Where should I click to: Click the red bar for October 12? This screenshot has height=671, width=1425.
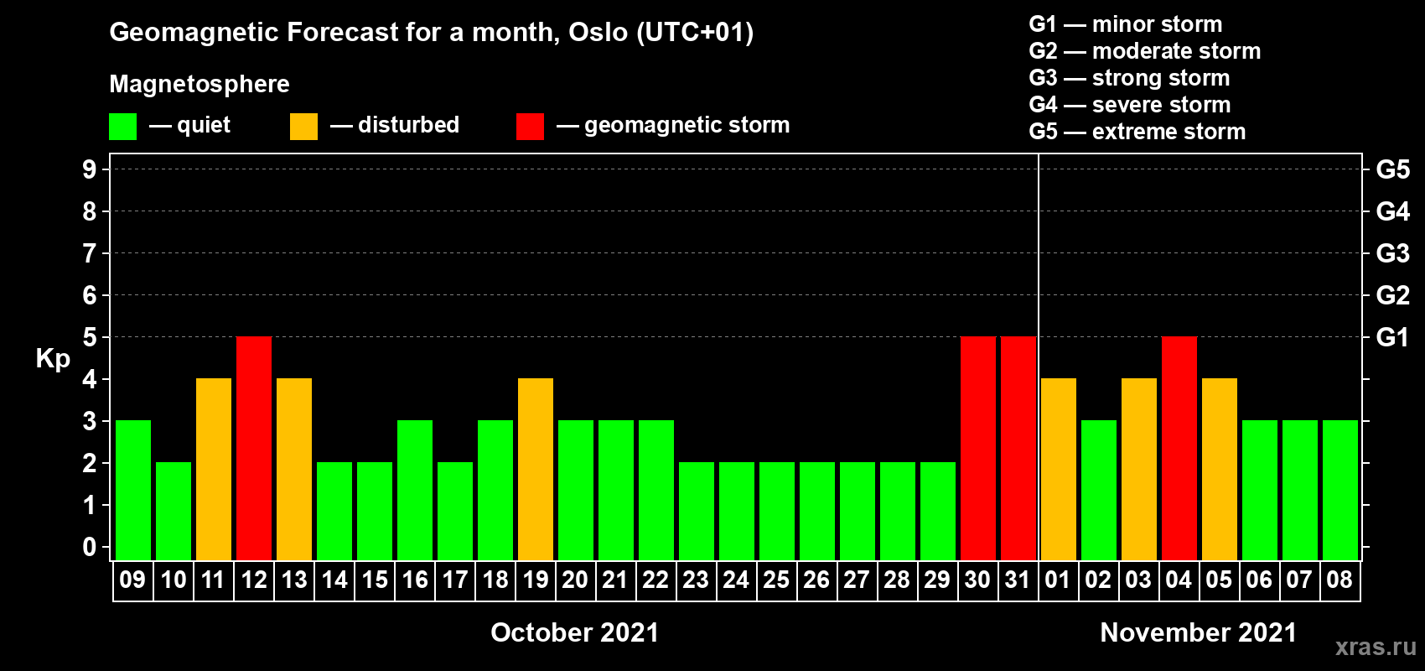pyautogui.click(x=254, y=448)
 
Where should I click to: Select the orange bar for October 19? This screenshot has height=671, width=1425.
pyautogui.click(x=536, y=469)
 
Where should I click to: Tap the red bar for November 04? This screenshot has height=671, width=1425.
pyautogui.click(x=1179, y=448)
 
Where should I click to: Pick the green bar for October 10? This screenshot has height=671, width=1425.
pyautogui.click(x=174, y=511)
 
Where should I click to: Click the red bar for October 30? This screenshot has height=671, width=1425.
pyautogui.click(x=978, y=448)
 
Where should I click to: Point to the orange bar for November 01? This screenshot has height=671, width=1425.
pyautogui.click(x=1059, y=469)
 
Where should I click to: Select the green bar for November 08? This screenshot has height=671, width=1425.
pyautogui.click(x=1340, y=490)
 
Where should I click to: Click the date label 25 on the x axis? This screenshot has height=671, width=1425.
pyautogui.click(x=776, y=580)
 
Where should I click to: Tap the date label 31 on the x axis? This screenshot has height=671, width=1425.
pyautogui.click(x=1018, y=580)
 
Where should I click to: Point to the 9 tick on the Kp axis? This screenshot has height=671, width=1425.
pyautogui.click(x=89, y=169)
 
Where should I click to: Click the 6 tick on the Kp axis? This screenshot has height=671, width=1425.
pyautogui.click(x=89, y=295)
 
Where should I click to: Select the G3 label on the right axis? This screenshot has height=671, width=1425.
pyautogui.click(x=1393, y=253)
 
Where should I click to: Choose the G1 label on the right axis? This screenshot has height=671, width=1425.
pyautogui.click(x=1392, y=337)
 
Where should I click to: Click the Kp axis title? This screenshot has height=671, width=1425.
pyautogui.click(x=53, y=359)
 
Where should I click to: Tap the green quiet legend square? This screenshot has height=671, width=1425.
pyautogui.click(x=122, y=126)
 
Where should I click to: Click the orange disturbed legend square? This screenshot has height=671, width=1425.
pyautogui.click(x=303, y=126)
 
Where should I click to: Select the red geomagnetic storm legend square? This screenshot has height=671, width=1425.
pyautogui.click(x=530, y=126)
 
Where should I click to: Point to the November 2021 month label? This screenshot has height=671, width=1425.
pyautogui.click(x=1199, y=632)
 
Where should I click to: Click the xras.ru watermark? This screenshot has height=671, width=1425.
pyautogui.click(x=1376, y=647)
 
